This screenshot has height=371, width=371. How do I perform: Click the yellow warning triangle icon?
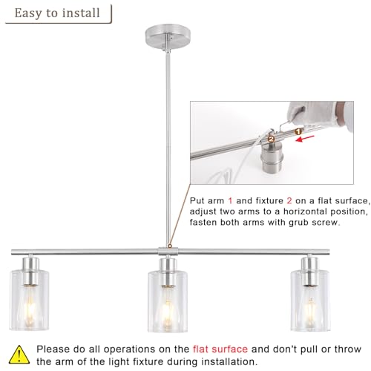tap(19, 355)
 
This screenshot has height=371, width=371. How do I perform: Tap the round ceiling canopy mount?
tap(168, 36)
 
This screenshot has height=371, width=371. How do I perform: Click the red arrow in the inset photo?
tap(305, 139)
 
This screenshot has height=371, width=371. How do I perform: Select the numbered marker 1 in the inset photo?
tap(298, 131)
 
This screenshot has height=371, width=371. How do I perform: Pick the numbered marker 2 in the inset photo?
tap(272, 139)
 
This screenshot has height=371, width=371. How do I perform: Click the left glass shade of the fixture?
tap(29, 300)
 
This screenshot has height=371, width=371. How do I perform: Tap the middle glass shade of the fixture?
tap(168, 301)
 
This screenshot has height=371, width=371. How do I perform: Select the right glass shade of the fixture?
tap(310, 301)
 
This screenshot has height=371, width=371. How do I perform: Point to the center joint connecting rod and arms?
tap(168, 251)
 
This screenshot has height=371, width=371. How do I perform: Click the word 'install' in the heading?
tap(81, 13)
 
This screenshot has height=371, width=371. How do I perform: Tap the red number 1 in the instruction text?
tap(230, 200)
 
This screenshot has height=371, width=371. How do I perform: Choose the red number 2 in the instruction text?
tap(289, 200)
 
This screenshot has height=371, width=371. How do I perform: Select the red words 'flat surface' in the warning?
tap(220, 349)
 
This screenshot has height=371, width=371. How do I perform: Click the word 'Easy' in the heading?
tap(28, 13)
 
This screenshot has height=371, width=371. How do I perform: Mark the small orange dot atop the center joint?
tap(170, 246)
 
